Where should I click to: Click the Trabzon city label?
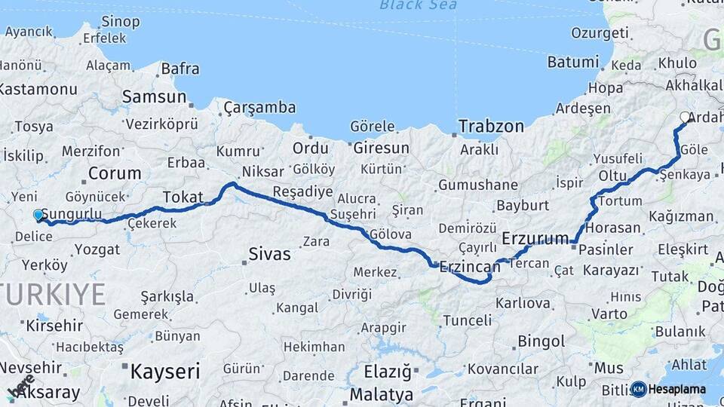point(491,126)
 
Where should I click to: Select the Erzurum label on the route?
point(535,239)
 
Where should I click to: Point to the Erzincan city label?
point(469,267)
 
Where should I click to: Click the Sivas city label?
point(269,254)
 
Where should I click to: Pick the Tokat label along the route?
point(183,196)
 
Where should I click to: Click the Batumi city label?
point(572,62)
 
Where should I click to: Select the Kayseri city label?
point(165,371)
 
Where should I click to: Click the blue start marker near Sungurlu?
point(38,216)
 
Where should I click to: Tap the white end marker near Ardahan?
point(685,117)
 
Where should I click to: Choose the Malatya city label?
point(382,394)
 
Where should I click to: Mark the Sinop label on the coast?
point(120,21)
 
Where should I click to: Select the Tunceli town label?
point(467,320)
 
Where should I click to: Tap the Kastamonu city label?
point(38,89)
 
